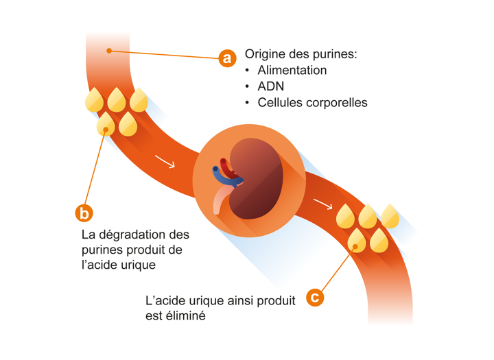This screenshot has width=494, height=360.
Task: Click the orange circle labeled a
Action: click(x=227, y=58)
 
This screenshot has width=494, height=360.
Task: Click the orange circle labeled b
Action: click(x=84, y=213)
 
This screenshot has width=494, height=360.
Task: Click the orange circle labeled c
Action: click(x=314, y=297)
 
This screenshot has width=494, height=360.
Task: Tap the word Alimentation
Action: click(x=292, y=70)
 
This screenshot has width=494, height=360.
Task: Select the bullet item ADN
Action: click(x=270, y=86)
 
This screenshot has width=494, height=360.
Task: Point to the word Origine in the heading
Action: click(x=267, y=53)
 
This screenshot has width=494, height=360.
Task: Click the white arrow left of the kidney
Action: click(x=165, y=162)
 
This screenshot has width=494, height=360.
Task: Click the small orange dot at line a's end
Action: click(x=109, y=51)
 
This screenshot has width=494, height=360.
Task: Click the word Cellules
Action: click(x=280, y=103)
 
